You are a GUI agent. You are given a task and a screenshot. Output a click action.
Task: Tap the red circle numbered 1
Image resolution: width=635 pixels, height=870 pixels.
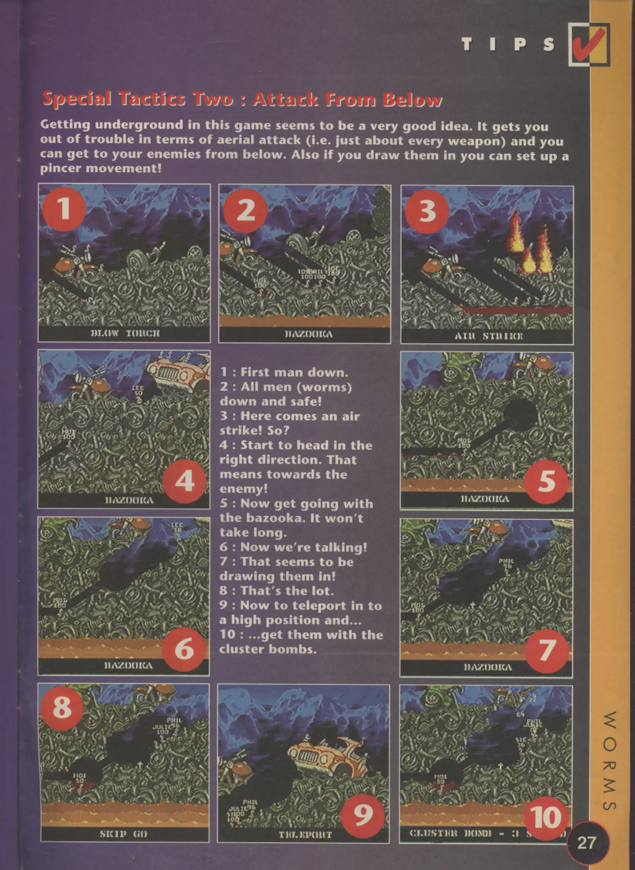click(x=64, y=209)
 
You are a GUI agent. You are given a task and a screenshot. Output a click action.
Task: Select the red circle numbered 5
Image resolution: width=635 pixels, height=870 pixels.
click(x=546, y=481)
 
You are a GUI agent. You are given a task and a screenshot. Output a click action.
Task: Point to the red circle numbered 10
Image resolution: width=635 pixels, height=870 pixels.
click(x=546, y=817)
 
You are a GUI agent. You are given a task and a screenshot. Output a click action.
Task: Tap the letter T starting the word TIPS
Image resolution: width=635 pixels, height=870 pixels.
click(x=467, y=45)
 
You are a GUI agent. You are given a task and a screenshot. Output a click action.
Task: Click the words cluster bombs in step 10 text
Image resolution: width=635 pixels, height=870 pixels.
click(x=268, y=649)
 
